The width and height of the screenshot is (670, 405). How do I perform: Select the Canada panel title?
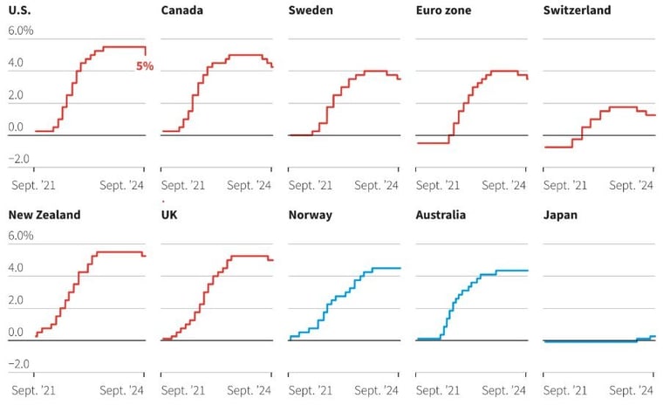[x=182, y=10]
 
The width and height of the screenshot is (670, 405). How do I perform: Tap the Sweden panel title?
[x=311, y=10]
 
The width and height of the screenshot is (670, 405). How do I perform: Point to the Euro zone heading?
[x=443, y=10]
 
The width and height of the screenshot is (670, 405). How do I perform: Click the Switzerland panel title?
[x=577, y=10]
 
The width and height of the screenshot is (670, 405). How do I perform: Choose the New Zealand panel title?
[x=44, y=215]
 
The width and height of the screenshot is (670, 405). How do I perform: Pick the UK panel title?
[x=171, y=215]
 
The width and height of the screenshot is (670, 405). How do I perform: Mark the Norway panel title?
[x=310, y=215]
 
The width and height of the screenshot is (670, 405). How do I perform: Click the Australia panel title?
[x=441, y=215]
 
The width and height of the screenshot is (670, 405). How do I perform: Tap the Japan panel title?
[x=560, y=215]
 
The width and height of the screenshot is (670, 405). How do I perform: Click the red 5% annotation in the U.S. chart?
[x=144, y=65]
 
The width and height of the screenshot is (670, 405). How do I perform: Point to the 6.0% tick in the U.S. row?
[x=21, y=31]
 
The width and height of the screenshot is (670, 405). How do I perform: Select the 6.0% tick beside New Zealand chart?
[x=21, y=236]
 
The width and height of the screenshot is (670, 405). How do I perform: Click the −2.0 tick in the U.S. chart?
[x=18, y=159]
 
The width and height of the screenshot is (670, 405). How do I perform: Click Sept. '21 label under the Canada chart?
[x=183, y=185]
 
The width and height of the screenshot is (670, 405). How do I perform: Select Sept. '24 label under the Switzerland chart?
[x=631, y=185]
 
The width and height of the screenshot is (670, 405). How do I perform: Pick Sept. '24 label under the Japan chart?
[x=631, y=390]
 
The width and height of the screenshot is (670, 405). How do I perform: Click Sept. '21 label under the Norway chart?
[x=311, y=390]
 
